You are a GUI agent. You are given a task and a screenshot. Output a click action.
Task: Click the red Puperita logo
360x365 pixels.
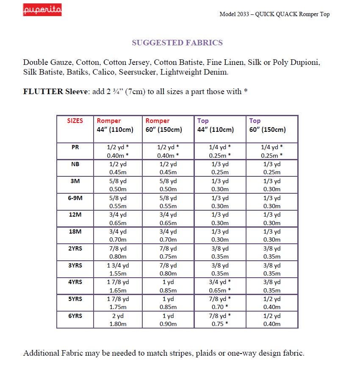click(x=42, y=10)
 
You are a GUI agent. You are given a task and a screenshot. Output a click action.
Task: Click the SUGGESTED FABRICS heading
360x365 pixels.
click(x=177, y=42)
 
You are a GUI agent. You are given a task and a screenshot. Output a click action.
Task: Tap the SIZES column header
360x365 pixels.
click(x=75, y=121)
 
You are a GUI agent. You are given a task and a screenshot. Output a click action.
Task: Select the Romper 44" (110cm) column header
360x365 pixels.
click(x=115, y=125)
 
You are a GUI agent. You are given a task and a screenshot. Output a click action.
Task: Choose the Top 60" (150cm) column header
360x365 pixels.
click(x=267, y=125)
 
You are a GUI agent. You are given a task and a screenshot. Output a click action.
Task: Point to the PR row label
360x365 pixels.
click(x=75, y=147)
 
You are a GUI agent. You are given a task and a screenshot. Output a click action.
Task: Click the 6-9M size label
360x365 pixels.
click(x=75, y=198)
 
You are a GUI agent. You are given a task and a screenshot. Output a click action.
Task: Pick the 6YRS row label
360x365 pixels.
click(x=75, y=316)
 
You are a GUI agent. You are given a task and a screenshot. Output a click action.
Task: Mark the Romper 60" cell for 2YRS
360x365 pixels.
click(x=168, y=252)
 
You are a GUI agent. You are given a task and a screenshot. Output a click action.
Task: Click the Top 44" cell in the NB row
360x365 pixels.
click(x=220, y=168)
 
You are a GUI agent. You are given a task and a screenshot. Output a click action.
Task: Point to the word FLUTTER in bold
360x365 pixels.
click(x=43, y=92)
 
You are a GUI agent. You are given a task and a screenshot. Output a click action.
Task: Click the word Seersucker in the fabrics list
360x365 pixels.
click(x=138, y=72)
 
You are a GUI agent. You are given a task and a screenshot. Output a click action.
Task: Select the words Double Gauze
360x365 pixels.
click(x=47, y=62)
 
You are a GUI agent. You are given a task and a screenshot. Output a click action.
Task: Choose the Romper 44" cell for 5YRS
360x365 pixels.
click(x=118, y=303)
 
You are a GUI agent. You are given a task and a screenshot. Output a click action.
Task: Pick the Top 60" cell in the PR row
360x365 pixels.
click(x=271, y=151)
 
